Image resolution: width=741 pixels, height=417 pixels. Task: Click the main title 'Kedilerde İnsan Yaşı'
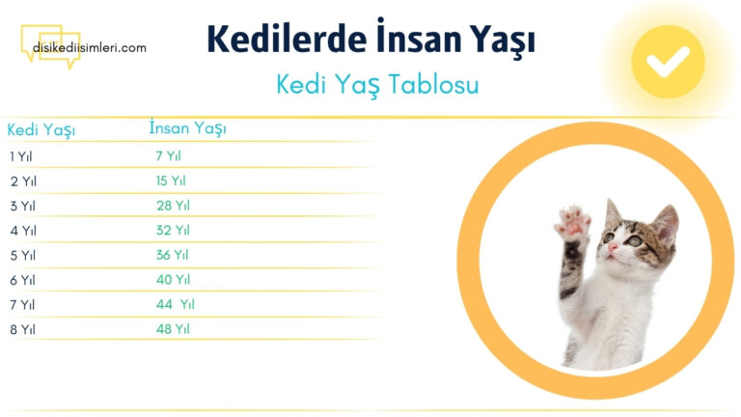[370, 40]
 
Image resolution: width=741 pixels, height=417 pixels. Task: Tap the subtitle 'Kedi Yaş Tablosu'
[377, 84]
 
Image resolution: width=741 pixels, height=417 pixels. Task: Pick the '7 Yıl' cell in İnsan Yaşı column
[168, 155]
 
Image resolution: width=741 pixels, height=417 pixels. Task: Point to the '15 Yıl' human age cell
[171, 181]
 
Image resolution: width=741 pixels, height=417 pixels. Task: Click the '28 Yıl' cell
[173, 206]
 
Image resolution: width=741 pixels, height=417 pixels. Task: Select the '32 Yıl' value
[173, 230]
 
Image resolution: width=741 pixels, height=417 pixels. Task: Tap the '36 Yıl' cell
[173, 255]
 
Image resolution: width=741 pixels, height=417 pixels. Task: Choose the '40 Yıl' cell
[173, 280]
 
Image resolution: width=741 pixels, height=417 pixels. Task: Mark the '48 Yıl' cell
[173, 329]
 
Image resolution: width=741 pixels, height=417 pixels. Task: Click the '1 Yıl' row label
[21, 155]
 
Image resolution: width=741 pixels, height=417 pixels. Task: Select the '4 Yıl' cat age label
[23, 231]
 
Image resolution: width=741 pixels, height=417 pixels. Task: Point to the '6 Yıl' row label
[23, 280]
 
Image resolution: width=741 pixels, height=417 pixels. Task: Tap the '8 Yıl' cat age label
[23, 329]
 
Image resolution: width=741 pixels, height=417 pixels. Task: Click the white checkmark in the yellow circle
[668, 62]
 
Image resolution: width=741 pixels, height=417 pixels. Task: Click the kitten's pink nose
[611, 248]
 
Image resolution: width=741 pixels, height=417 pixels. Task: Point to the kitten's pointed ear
[667, 218]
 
